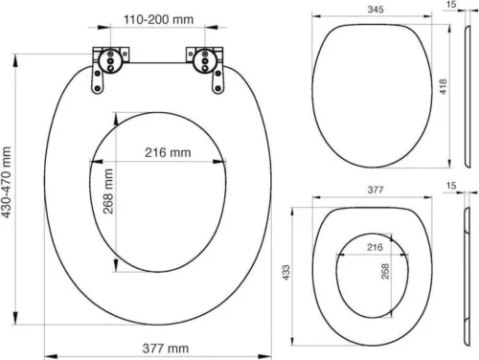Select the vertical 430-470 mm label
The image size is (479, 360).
8,189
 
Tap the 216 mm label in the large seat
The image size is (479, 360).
168,152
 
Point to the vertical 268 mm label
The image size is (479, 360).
107,191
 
